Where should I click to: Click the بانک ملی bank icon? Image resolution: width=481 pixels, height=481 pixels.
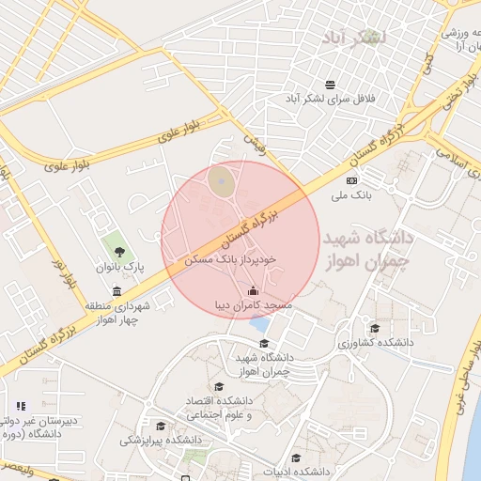point(351,180)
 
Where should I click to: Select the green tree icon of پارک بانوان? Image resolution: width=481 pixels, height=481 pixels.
point(120,251)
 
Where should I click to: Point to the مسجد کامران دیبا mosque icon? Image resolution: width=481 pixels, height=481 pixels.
point(252,290)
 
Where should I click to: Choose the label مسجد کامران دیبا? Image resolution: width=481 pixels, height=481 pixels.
point(253,306)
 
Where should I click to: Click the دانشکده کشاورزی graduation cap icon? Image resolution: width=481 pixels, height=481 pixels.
point(375,328)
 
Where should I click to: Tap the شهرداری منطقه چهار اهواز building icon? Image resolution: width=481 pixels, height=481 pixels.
point(116,291)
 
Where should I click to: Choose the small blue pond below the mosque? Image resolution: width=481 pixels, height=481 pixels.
point(258,325)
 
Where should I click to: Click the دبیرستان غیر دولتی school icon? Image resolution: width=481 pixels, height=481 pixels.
point(21,406)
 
